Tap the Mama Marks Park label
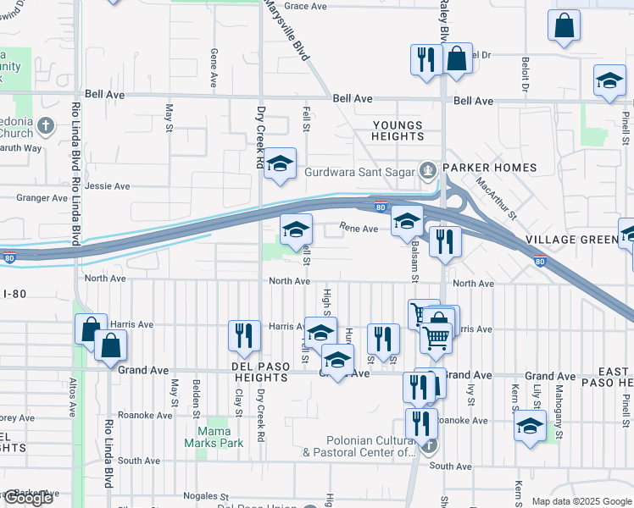214,436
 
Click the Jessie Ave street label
107,186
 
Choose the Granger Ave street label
42,198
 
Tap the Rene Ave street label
359,228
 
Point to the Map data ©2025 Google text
581,501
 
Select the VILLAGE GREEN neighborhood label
572,240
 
